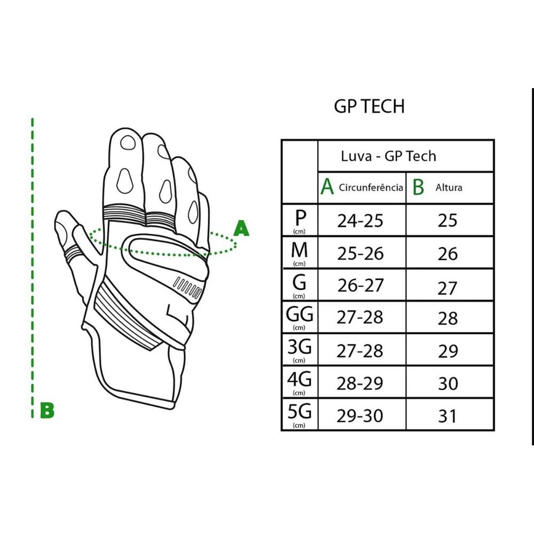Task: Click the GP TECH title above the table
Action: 369,106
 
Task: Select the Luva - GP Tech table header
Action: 388,156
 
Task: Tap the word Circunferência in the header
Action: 371,187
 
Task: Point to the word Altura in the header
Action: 449,187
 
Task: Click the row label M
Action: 300,250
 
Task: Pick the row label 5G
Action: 300,412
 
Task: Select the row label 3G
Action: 300,348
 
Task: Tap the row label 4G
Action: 300,380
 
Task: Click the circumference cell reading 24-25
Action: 360,221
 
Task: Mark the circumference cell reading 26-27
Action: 360,286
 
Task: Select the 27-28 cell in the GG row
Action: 360,318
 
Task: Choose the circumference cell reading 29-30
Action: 360,415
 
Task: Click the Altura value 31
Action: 448,415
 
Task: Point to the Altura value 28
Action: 448,318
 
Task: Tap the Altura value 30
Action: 448,383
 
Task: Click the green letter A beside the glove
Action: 242,229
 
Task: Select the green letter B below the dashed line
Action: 47,411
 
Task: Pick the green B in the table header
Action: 419,187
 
